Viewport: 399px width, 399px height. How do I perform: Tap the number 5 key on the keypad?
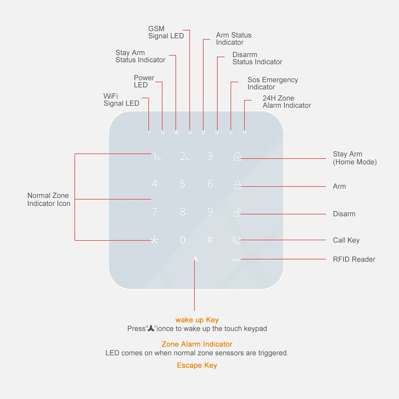pos(183,184)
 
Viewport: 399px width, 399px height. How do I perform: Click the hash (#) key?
pos(210,240)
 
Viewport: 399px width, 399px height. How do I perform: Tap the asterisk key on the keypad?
pos(154,240)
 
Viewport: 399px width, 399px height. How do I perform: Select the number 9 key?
pos(210,212)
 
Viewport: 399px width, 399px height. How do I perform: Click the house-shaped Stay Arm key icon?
pos(237,157)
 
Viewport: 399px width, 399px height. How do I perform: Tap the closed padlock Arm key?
pos(237,185)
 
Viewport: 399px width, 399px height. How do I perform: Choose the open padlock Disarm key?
pos(237,213)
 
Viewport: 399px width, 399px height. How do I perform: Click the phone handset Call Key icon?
pos(237,240)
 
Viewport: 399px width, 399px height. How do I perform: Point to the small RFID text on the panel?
pos(236,260)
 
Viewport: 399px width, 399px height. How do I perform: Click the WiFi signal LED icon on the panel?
pos(148,132)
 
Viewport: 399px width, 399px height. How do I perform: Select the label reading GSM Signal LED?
pos(166,32)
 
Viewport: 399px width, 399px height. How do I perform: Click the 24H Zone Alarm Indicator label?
pos(286,102)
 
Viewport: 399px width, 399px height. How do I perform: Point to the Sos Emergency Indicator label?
pos(273,83)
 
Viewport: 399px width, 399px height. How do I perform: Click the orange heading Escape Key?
pos(197,365)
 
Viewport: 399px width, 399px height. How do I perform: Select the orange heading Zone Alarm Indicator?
pos(197,344)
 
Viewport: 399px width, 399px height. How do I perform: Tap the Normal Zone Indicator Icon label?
pos(49,199)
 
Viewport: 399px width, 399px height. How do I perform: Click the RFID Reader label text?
pos(354,259)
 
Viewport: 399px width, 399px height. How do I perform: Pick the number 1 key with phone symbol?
pos(156,157)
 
